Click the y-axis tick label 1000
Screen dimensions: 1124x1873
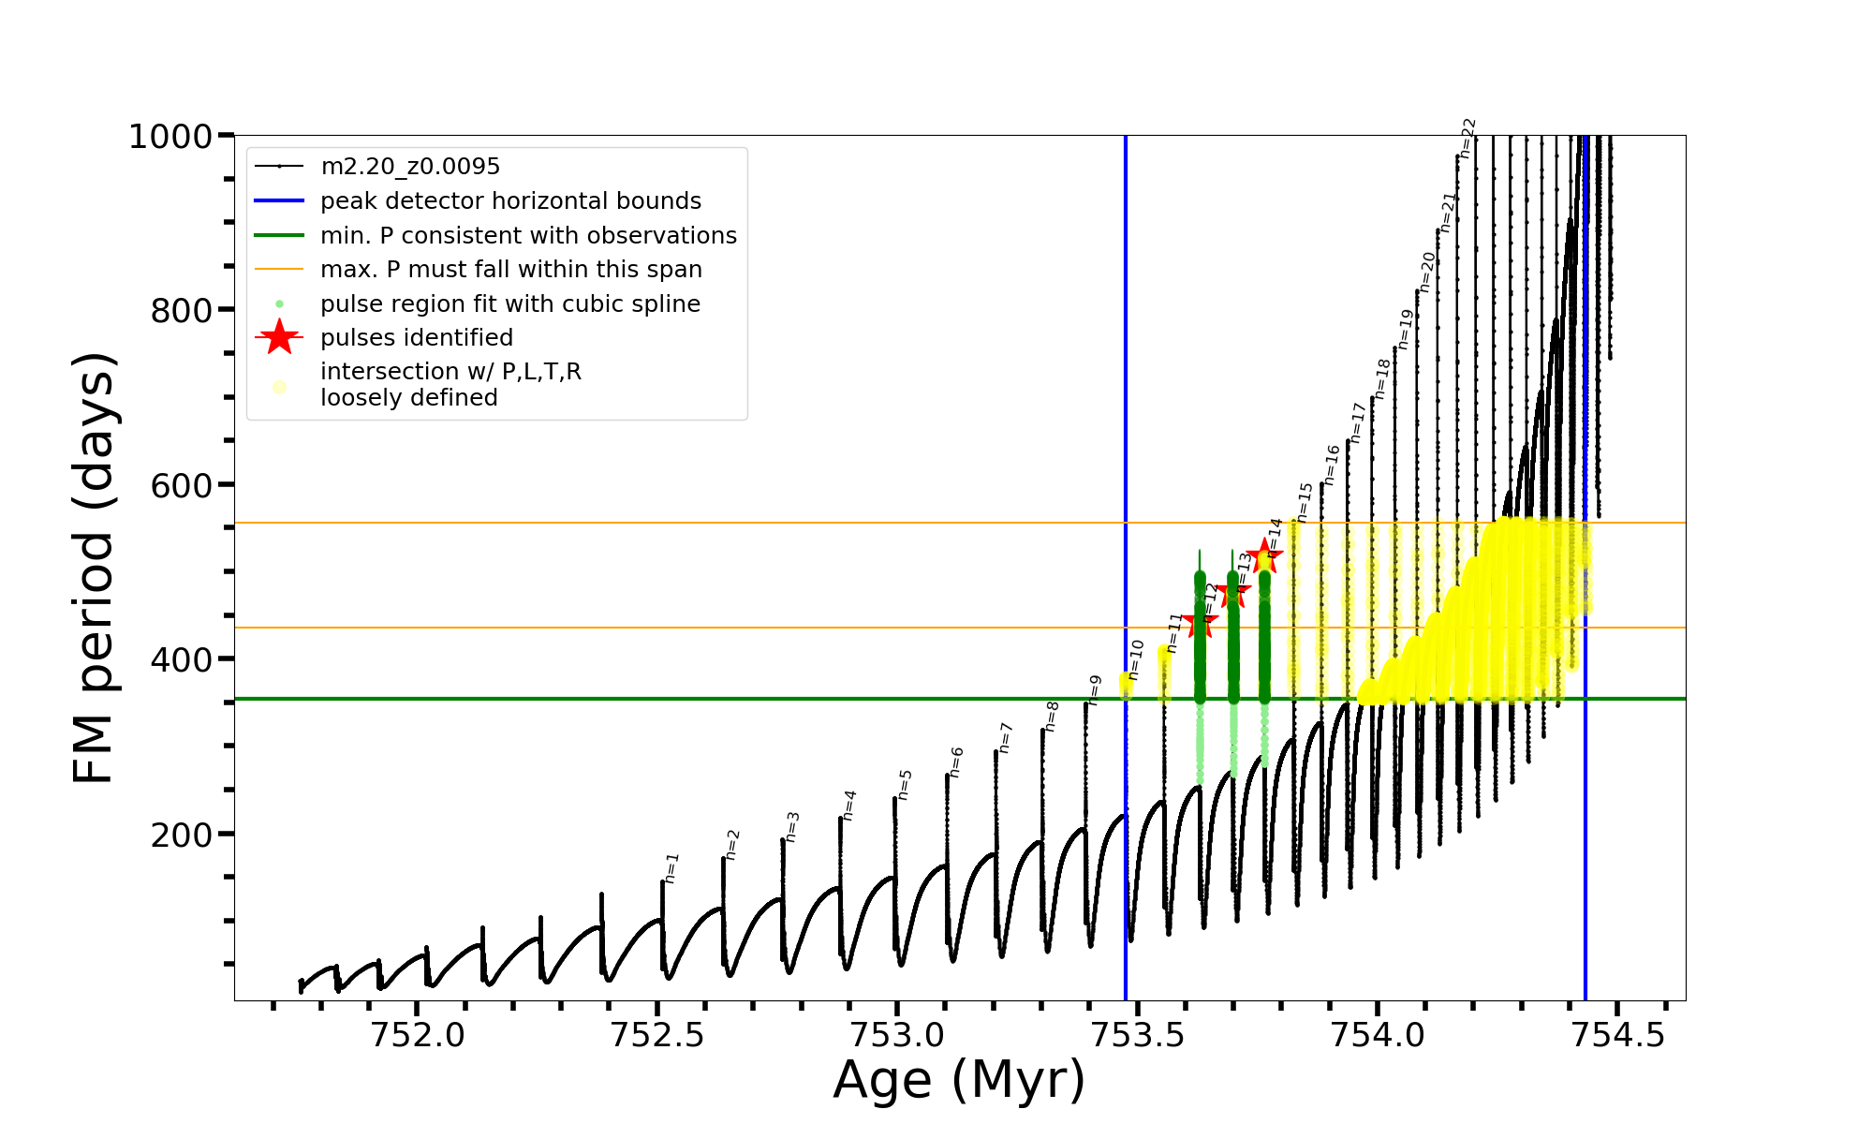click(x=170, y=137)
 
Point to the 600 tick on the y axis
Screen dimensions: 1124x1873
click(x=182, y=485)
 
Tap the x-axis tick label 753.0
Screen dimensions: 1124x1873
click(x=896, y=1035)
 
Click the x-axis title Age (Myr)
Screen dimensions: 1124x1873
click(x=959, y=1080)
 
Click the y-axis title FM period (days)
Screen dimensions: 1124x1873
click(x=94, y=568)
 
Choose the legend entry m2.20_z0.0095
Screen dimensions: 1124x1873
click(x=409, y=167)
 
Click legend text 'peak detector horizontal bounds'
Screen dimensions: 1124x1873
click(x=510, y=201)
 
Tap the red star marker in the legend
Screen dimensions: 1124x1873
click(x=279, y=337)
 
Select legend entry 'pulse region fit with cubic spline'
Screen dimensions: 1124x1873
click(x=509, y=304)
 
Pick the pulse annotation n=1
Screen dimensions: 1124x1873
click(x=671, y=868)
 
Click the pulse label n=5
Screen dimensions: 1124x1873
click(x=904, y=785)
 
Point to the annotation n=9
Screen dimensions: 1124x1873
click(x=1094, y=690)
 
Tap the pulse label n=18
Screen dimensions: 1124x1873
click(x=1382, y=378)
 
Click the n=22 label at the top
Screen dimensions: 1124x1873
click(x=1467, y=138)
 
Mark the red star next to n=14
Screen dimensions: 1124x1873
click(x=1264, y=556)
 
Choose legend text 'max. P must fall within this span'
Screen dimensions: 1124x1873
click(x=510, y=270)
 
